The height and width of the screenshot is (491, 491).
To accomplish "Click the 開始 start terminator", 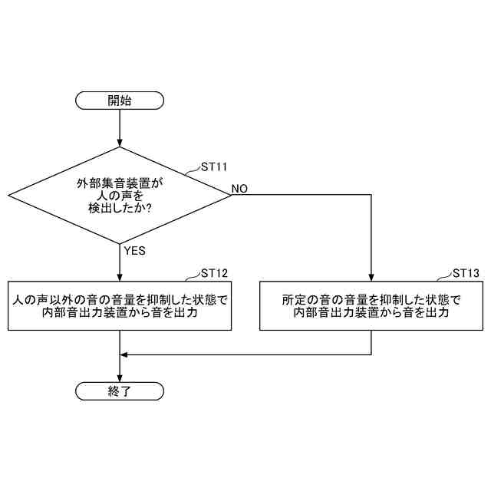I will [x=120, y=101].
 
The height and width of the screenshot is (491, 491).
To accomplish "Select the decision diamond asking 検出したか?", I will [x=120, y=196].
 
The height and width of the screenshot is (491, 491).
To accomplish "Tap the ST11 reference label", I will [x=213, y=166].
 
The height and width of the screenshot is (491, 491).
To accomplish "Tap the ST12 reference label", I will [x=213, y=273].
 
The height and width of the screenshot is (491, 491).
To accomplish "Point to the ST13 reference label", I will [x=466, y=273].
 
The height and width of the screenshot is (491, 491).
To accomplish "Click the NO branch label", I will [x=239, y=189].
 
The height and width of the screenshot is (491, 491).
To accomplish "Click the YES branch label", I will [x=134, y=251].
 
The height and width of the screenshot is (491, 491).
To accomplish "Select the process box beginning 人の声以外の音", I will [x=120, y=305].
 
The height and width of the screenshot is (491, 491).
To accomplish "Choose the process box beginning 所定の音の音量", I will [x=371, y=305].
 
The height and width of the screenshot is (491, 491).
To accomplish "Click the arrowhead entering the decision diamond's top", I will [x=120, y=143].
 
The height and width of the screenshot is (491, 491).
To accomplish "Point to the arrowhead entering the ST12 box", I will [x=120, y=277].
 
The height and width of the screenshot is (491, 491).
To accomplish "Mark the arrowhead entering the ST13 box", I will [x=371, y=277].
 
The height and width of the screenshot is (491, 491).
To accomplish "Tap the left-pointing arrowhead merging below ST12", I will [x=126, y=354].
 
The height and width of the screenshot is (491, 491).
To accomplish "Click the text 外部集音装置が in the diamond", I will [x=120, y=183].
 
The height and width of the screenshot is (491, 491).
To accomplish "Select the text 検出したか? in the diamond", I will [x=120, y=209].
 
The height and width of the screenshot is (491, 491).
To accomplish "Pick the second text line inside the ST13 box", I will [x=371, y=313].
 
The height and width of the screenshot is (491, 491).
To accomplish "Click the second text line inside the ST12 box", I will [x=120, y=313].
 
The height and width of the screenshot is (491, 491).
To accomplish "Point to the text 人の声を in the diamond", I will [x=120, y=196].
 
